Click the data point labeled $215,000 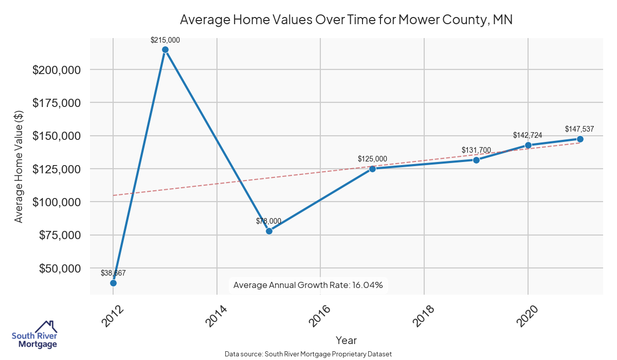[x=165, y=50]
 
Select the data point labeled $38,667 [x=113, y=283]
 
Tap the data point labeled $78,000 [x=269, y=231]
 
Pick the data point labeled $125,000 [x=373, y=169]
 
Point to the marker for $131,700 [x=476, y=160]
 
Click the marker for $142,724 [x=528, y=145]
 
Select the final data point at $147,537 [x=580, y=139]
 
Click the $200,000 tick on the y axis [x=56, y=70]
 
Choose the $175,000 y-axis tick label [x=56, y=103]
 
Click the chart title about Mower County [x=347, y=20]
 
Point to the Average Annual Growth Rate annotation [x=308, y=285]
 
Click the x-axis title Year [x=346, y=340]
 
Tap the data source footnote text [x=308, y=354]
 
